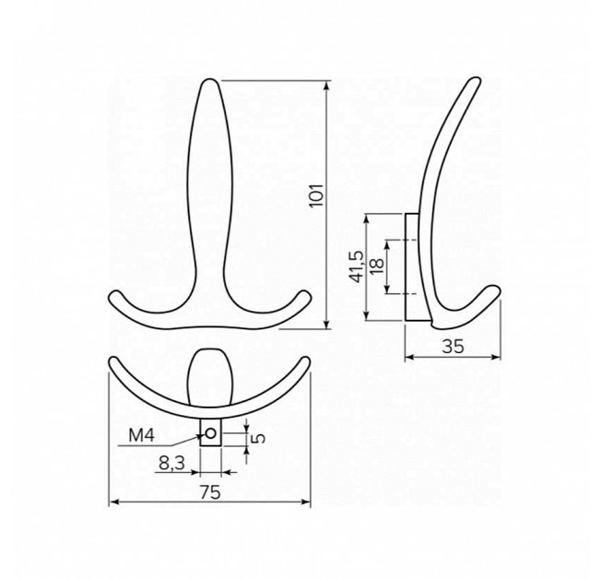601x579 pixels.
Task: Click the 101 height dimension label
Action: pos(316,195)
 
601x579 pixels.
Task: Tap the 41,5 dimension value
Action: pos(357,266)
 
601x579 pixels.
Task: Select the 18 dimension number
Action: pos(378,266)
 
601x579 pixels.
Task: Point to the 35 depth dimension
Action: pos(453,347)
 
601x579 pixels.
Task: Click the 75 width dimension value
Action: pos(210,492)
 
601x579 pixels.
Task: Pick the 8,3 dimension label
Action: pos(172,463)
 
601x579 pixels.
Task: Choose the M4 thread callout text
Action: pos(141,435)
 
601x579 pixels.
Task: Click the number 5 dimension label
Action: pos(259,438)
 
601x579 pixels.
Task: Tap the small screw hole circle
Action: pos(211,433)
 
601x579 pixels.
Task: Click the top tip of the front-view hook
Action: pos(209,79)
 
